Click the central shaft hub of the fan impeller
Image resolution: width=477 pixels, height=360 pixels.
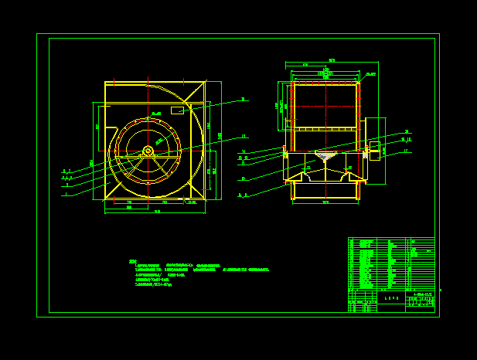pos(148,151)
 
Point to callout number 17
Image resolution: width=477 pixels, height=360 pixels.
pos(404,151)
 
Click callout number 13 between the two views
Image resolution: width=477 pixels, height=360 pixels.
pos(244,136)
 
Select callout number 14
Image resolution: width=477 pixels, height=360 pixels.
pos(243,151)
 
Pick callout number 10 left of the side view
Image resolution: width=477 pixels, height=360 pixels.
pos(243,178)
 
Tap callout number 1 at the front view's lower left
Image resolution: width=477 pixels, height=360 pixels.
pos(66,194)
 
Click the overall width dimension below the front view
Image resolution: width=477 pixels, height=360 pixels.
pos(157,212)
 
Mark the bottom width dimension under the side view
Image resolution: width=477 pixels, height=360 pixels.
pos(325,202)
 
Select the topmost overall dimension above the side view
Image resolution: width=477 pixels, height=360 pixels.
pos(332,60)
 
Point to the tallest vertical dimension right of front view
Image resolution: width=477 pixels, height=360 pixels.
pos(220,136)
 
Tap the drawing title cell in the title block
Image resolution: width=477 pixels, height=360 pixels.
pos(391,297)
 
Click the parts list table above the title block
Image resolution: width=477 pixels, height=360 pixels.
pos(390,263)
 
